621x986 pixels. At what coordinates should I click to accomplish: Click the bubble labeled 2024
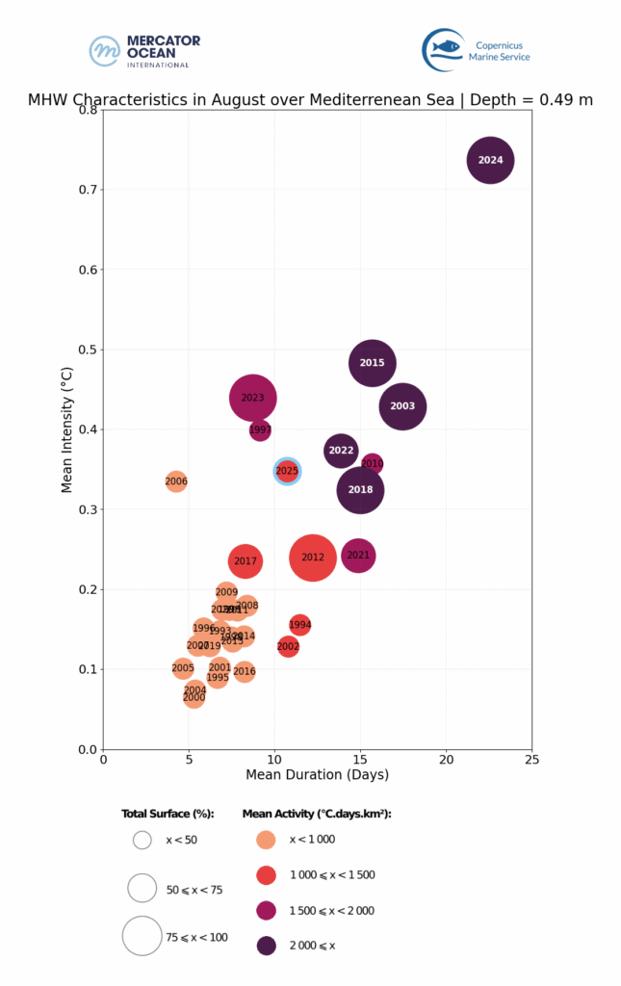491,161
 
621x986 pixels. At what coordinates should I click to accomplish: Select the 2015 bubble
373,363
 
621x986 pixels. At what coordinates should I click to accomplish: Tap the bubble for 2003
402,406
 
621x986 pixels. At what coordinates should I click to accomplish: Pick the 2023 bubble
253,398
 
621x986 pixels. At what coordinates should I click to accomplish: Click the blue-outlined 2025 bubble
287,471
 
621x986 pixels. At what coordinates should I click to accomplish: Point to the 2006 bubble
176,481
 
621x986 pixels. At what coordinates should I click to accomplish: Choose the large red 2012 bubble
313,558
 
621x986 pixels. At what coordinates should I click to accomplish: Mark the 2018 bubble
360,490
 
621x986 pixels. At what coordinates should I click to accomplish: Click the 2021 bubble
358,556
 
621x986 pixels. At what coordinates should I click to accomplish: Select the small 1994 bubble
300,625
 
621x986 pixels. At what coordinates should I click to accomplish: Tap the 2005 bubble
183,668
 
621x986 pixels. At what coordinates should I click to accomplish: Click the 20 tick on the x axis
447,760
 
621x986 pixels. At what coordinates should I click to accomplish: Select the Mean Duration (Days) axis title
318,775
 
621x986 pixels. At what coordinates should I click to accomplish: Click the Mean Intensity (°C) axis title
67,429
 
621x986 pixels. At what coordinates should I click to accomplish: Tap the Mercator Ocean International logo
144,50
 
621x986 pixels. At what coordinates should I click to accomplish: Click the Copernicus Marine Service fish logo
444,48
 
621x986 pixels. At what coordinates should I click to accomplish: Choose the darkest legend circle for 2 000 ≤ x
267,946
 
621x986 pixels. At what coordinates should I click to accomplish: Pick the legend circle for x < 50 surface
142,840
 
